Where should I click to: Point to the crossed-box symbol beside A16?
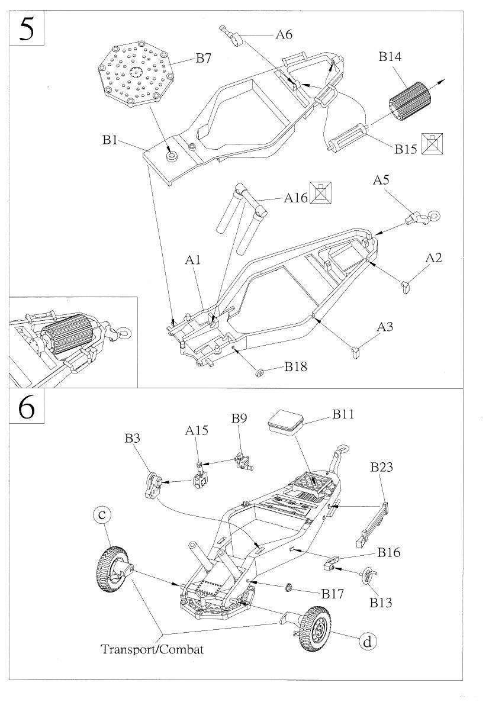[x=320, y=194]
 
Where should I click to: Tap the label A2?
[x=434, y=258]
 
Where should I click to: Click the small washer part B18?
[x=259, y=373]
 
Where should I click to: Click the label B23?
[x=382, y=468]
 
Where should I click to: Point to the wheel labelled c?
[x=111, y=569]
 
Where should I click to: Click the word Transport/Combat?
[x=152, y=649]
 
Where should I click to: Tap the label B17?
[x=333, y=592]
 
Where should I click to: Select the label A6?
[x=284, y=35]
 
